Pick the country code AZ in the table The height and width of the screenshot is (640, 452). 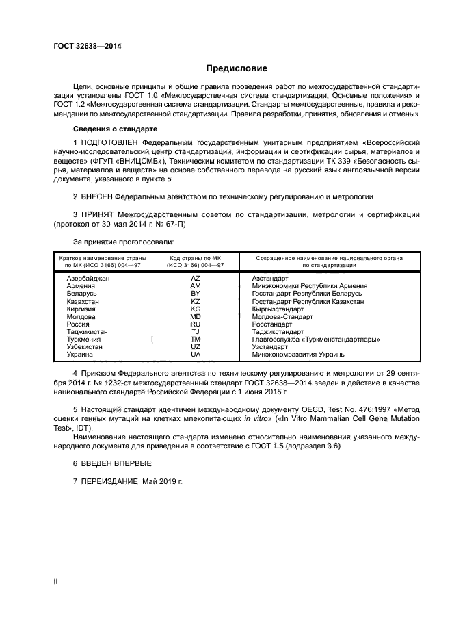[x=196, y=279]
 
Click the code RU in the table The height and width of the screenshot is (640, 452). [x=196, y=324]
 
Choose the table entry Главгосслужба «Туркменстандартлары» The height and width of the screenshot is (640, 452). [x=315, y=339]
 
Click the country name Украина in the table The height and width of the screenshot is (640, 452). [x=80, y=354]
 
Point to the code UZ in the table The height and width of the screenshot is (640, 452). [x=196, y=346]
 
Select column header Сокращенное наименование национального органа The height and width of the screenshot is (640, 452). [x=329, y=258]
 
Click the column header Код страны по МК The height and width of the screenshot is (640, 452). [x=196, y=258]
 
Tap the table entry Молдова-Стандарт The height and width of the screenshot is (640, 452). [x=282, y=316]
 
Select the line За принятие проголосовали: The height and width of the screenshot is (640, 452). [x=123, y=241]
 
